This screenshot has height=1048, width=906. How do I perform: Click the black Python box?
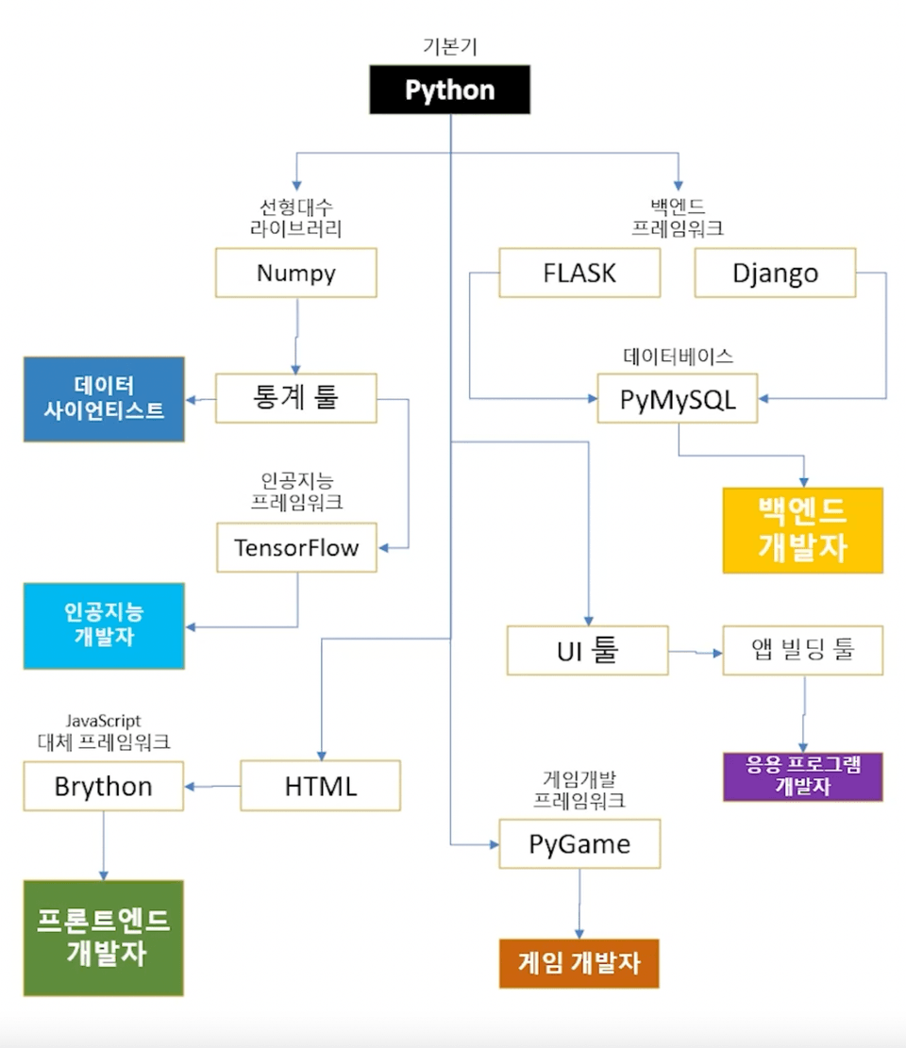click(x=449, y=91)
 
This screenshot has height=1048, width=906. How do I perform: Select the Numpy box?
click(x=296, y=273)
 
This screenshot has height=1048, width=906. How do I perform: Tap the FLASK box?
click(x=579, y=273)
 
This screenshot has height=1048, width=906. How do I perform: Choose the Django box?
click(x=775, y=273)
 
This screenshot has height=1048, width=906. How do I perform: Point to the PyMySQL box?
click(x=679, y=399)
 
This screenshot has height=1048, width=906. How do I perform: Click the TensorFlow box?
click(x=296, y=547)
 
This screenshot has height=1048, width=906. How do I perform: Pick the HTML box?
click(x=320, y=786)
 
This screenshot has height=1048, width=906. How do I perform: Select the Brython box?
click(x=104, y=786)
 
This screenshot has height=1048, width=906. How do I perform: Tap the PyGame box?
click(x=579, y=843)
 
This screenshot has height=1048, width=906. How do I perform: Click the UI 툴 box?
click(x=587, y=650)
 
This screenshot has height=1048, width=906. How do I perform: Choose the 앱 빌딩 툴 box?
click(x=803, y=650)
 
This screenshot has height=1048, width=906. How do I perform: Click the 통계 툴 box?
click(x=296, y=399)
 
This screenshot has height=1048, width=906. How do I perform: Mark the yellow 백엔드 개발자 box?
click(x=803, y=530)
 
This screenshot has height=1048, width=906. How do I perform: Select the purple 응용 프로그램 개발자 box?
click(x=803, y=776)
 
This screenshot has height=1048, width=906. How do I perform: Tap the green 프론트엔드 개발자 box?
click(x=104, y=938)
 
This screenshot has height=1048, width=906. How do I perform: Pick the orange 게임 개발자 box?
click(x=579, y=963)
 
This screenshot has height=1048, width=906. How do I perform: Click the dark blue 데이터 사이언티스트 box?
click(x=104, y=398)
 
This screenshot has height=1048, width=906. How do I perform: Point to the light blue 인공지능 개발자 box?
click(x=104, y=625)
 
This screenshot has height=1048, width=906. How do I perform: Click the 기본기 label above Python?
click(x=449, y=45)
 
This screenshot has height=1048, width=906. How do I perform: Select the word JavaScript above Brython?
click(x=104, y=722)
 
